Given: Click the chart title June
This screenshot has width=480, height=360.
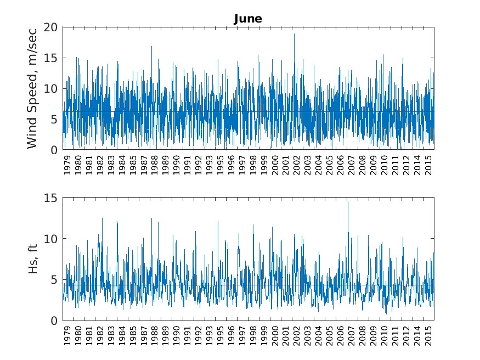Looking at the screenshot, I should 248,19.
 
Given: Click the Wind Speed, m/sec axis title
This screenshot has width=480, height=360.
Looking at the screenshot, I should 32,88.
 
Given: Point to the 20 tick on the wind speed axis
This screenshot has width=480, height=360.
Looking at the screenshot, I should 52,27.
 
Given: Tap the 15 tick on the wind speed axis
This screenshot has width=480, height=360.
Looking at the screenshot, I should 52,58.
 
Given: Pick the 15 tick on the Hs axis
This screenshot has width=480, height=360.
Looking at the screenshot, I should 52,198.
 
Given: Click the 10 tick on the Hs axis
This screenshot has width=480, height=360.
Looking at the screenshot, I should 52,239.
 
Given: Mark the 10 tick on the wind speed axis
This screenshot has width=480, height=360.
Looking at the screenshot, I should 52,88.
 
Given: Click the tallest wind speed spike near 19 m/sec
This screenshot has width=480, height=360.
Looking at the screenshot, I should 294,34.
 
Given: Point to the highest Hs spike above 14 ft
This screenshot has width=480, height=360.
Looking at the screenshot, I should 348,202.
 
